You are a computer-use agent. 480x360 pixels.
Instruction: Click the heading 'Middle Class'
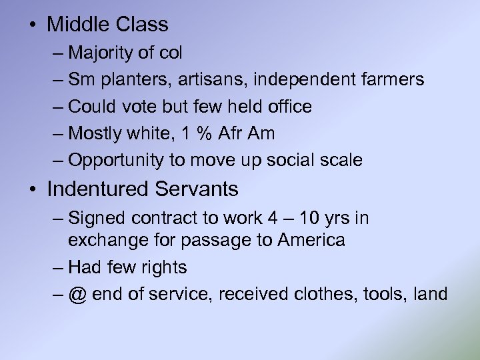(107, 25)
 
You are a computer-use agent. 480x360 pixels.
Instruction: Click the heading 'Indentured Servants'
(142, 189)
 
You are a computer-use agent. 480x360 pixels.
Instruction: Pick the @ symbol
(77, 295)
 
